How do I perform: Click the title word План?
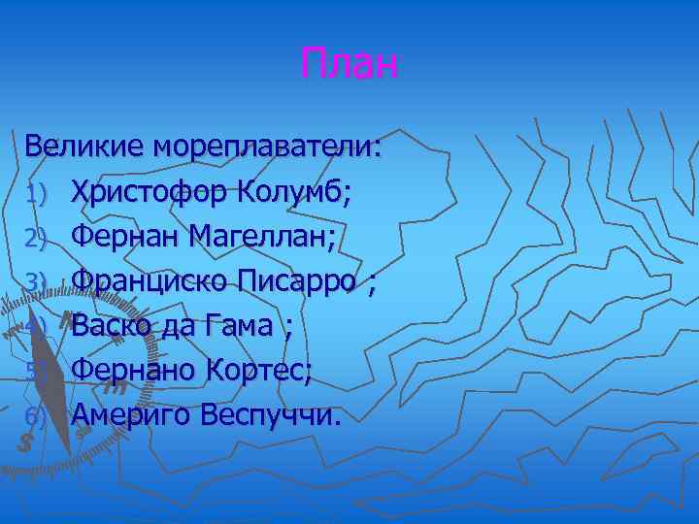[x=349, y=65]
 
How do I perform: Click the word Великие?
[x=84, y=148]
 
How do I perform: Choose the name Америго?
[x=131, y=415]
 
